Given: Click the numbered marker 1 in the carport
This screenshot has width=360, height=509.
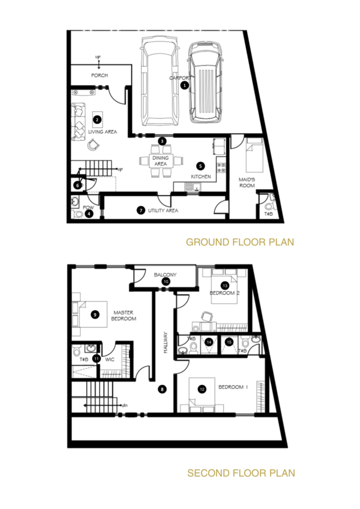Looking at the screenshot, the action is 184,85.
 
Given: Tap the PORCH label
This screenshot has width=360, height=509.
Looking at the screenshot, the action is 99,76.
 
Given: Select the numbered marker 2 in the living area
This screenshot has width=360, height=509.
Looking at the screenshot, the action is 97,119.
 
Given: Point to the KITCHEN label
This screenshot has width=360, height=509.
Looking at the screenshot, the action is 200,176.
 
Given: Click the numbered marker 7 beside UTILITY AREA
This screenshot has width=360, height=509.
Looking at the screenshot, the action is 141,210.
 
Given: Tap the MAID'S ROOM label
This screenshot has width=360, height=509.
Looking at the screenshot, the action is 247,182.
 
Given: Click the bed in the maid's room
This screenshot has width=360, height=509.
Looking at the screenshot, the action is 254,155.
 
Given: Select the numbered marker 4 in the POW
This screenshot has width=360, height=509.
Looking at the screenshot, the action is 89,214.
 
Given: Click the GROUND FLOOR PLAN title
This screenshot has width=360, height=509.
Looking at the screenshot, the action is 240,242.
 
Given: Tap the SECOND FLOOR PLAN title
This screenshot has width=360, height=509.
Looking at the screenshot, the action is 241,473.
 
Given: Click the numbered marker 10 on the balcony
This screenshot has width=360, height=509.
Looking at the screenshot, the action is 166,281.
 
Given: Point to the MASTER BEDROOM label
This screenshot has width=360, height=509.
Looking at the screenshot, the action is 124,316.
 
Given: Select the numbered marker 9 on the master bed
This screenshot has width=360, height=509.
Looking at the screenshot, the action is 95,314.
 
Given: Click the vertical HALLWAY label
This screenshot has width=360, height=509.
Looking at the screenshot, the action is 165,342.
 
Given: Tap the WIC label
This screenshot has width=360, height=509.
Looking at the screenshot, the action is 110,359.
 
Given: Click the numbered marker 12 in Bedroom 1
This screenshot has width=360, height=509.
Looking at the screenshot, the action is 202,389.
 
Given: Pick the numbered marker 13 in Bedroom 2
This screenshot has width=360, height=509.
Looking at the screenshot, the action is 225,286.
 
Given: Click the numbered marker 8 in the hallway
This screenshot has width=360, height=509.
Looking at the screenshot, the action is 162,389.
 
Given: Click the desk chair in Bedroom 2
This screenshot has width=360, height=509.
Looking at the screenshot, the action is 206,316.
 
